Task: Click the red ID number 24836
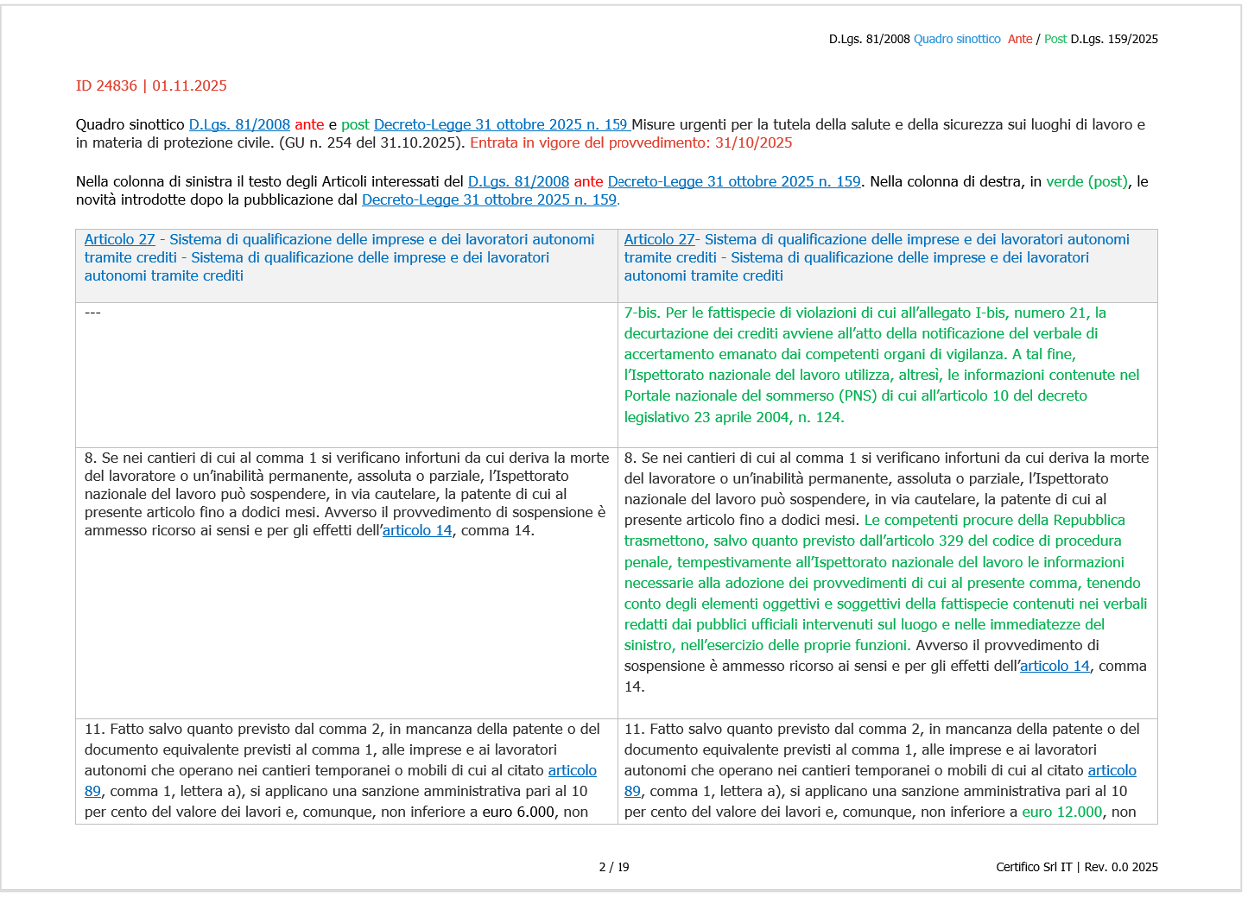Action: coord(117,85)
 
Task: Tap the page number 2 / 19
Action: coord(614,867)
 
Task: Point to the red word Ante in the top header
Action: coord(1020,39)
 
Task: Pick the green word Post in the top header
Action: coord(1055,39)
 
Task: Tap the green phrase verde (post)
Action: coord(1086,181)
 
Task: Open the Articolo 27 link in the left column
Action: coord(119,239)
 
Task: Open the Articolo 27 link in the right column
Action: coord(659,239)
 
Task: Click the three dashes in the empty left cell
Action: coord(92,313)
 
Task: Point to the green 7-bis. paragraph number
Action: coord(643,313)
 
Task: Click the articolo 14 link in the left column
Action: coord(417,530)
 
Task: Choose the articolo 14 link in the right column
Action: coord(1055,666)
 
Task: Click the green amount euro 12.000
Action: coord(1062,812)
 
